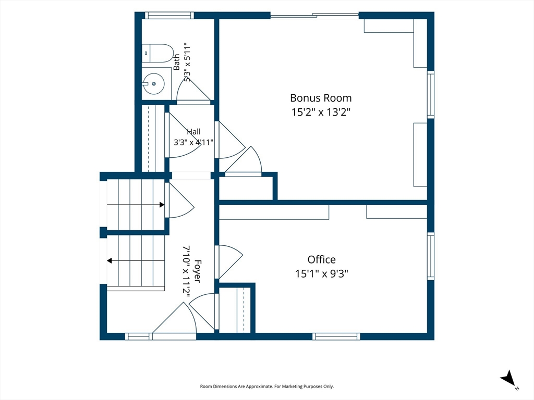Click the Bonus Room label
pyautogui.click(x=321, y=98)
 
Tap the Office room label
pyautogui.click(x=321, y=259)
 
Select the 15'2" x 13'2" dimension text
pyautogui.click(x=321, y=112)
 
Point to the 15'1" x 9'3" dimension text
pyautogui.click(x=321, y=273)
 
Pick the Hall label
pyautogui.click(x=193, y=132)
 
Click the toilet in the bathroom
pyautogui.click(x=157, y=53)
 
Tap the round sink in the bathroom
pyautogui.click(x=154, y=84)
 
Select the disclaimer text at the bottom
pyautogui.click(x=266, y=386)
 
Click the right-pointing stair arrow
pyautogui.click(x=136, y=205)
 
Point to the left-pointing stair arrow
pyautogui.click(x=136, y=261)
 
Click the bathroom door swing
pyautogui.click(x=193, y=89)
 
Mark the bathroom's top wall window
pyautogui.click(x=169, y=15)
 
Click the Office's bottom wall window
pyautogui.click(x=336, y=336)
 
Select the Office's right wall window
pyautogui.click(x=431, y=256)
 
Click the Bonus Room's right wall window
pyautogui.click(x=431, y=94)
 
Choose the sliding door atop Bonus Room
pyautogui.click(x=314, y=15)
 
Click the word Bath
pyautogui.click(x=176, y=62)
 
